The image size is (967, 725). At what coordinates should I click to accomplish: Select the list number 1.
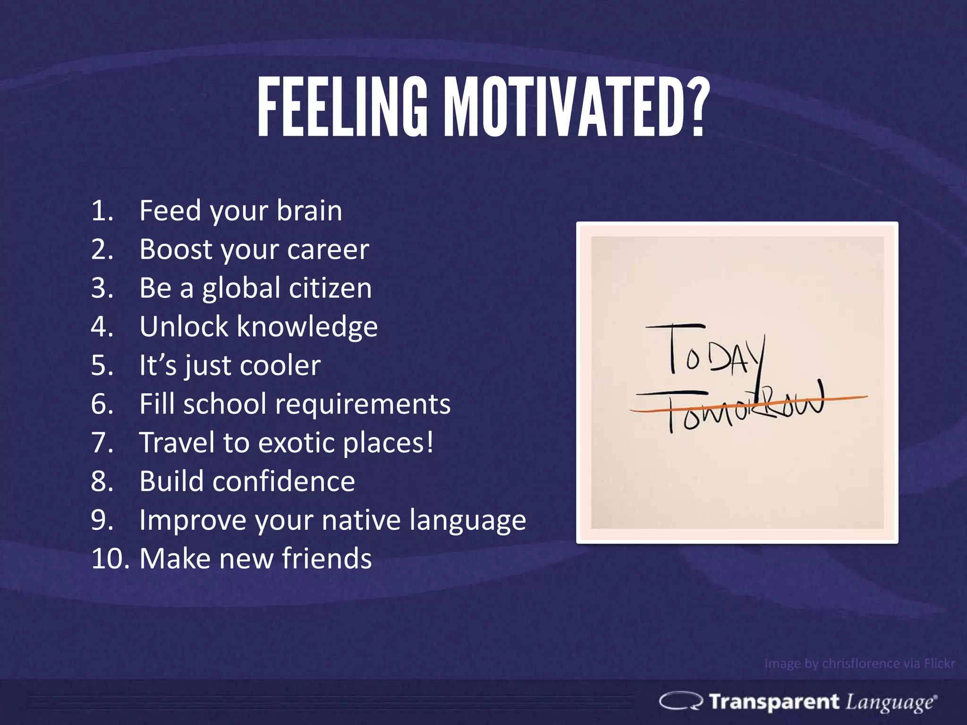coord(102,211)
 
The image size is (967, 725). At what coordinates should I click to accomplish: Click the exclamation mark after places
coord(429,442)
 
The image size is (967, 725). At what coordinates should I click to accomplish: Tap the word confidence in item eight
coord(283,481)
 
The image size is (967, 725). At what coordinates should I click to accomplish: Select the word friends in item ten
coord(327,559)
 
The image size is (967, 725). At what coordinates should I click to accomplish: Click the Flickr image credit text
coord(859,664)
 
